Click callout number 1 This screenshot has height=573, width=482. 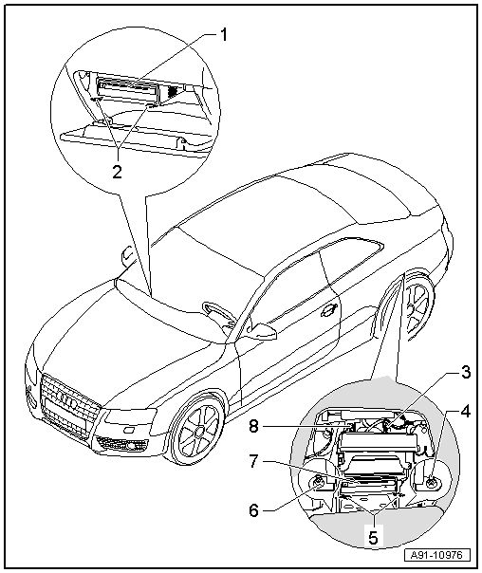pyautogui.click(x=223, y=35)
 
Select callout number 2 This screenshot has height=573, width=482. pyautogui.click(x=117, y=172)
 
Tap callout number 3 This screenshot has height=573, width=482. pyautogui.click(x=464, y=373)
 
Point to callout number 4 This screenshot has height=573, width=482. pyautogui.click(x=465, y=412)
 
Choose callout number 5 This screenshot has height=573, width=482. pyautogui.click(x=373, y=538)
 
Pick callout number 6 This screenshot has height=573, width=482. pyautogui.click(x=253, y=510)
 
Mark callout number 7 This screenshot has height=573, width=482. pyautogui.click(x=254, y=462)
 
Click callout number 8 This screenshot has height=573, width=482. pyautogui.click(x=254, y=426)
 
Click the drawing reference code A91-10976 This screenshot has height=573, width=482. pyautogui.click(x=437, y=556)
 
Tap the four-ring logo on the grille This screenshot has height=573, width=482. pyautogui.click(x=66, y=400)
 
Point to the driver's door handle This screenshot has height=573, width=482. pyautogui.click(x=327, y=309)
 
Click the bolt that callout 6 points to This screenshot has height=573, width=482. pyautogui.click(x=318, y=483)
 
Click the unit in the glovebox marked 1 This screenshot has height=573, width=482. pyautogui.click(x=127, y=89)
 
